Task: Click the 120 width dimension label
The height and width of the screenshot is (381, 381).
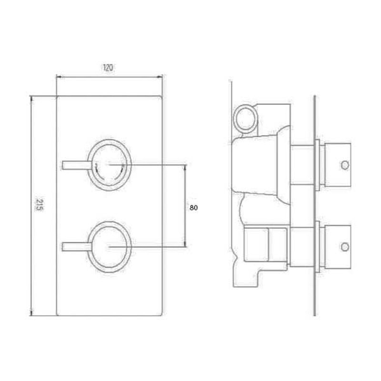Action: [108, 68]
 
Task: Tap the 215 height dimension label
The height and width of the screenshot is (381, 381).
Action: [40, 206]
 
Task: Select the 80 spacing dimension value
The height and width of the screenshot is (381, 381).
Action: [193, 208]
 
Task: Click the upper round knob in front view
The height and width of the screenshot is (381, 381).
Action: [110, 164]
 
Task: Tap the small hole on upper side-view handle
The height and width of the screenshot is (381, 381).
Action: [345, 165]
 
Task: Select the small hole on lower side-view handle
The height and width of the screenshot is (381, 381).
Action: [345, 246]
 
